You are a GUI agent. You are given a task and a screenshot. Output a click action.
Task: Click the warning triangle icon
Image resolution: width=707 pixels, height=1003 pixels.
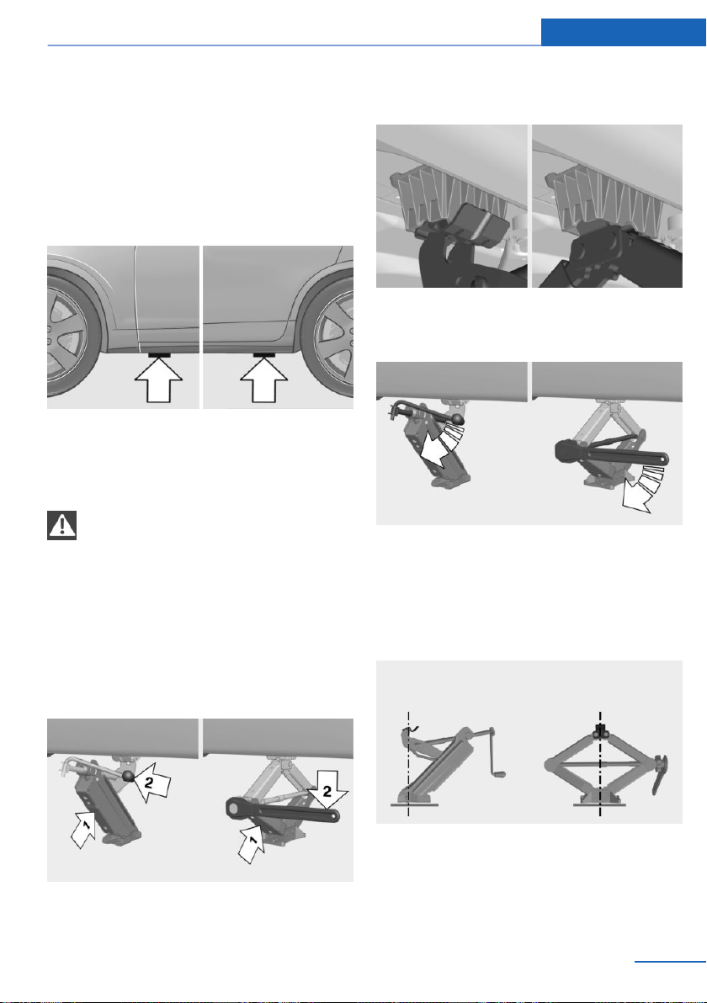pyautogui.click(x=62, y=525)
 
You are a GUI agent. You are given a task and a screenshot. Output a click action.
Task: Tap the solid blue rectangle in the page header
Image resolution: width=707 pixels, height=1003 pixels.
pyautogui.click(x=623, y=32)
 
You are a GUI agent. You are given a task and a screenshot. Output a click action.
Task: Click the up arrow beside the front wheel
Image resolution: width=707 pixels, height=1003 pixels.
pyautogui.click(x=159, y=379)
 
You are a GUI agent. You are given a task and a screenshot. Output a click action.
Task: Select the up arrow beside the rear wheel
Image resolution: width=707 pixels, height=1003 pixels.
pyautogui.click(x=263, y=379)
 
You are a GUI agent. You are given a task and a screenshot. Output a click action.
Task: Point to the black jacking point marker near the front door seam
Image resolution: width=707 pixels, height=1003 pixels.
pyautogui.click(x=159, y=354)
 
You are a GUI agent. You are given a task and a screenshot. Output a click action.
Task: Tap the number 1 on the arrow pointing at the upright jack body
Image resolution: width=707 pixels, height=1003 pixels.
pyautogui.click(x=87, y=826)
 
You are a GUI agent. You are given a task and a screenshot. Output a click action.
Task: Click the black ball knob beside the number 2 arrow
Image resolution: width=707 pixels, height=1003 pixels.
pyautogui.click(x=129, y=776)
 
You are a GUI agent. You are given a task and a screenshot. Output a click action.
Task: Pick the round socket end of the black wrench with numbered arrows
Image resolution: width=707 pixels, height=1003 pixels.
pyautogui.click(x=236, y=809)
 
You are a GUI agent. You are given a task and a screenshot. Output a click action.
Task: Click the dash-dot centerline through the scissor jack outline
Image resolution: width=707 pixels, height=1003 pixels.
pyautogui.click(x=600, y=764)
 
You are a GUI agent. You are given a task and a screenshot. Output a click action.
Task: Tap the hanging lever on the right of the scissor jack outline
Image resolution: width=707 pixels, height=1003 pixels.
pyautogui.click(x=658, y=774)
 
